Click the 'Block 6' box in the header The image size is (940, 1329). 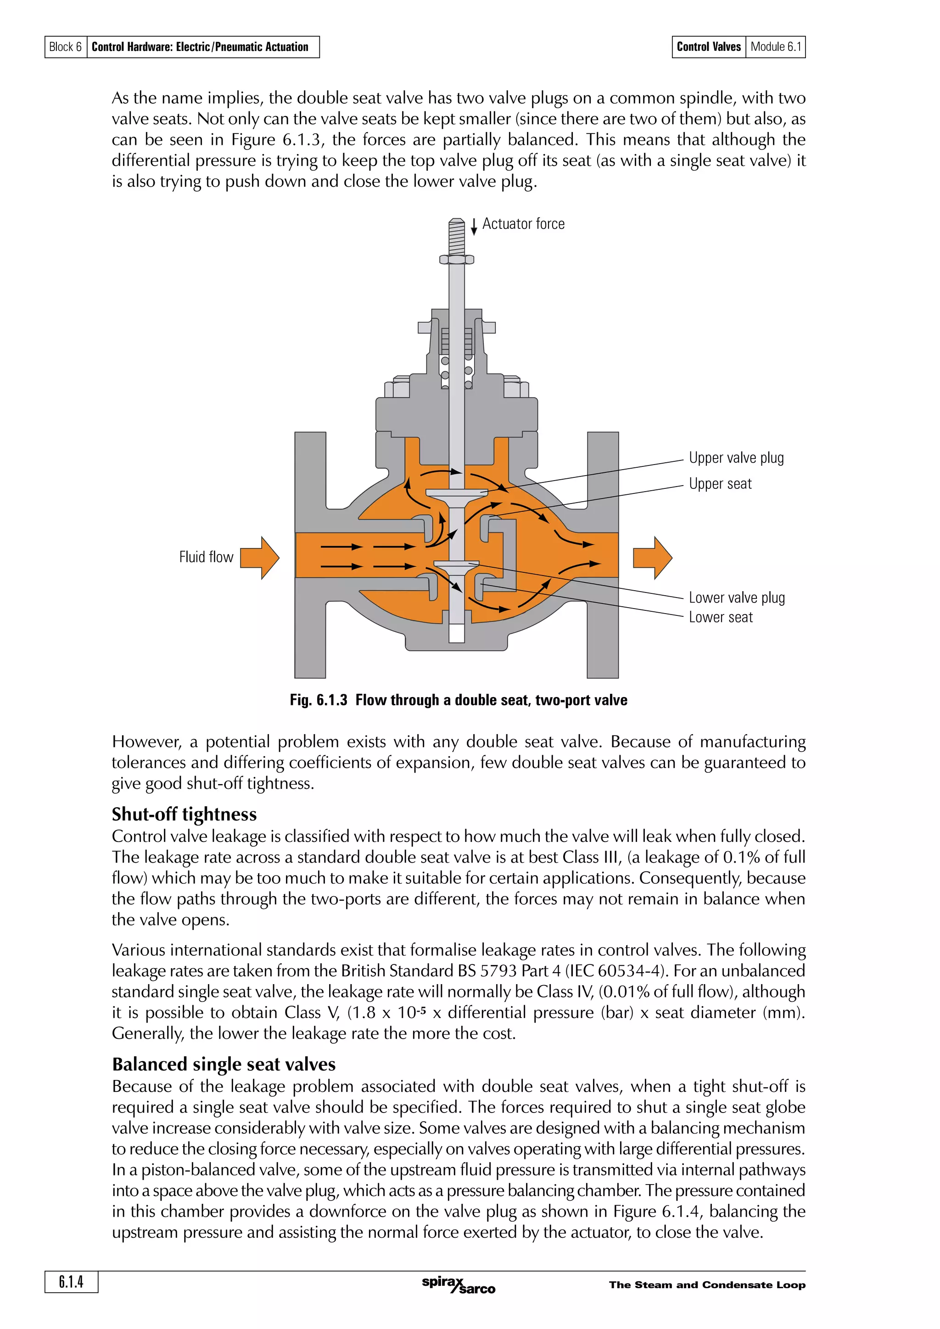click(66, 47)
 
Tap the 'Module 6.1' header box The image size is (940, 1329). click(776, 47)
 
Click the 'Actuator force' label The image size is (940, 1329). click(523, 224)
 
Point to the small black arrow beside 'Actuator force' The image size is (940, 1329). click(474, 227)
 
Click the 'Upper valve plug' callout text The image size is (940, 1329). click(736, 458)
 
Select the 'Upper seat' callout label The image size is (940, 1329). click(720, 484)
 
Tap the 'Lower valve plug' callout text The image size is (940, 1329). click(736, 598)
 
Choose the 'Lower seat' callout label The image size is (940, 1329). click(721, 618)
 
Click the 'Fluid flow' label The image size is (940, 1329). click(206, 557)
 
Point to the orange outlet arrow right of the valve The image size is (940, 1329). click(653, 557)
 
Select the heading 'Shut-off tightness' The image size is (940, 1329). click(184, 814)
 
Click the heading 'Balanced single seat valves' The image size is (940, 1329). click(224, 1064)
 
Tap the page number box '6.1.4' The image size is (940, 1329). click(71, 1282)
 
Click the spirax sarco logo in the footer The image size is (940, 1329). click(458, 1285)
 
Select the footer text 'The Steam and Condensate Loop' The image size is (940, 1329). click(706, 1285)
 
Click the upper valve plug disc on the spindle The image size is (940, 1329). click(456, 493)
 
